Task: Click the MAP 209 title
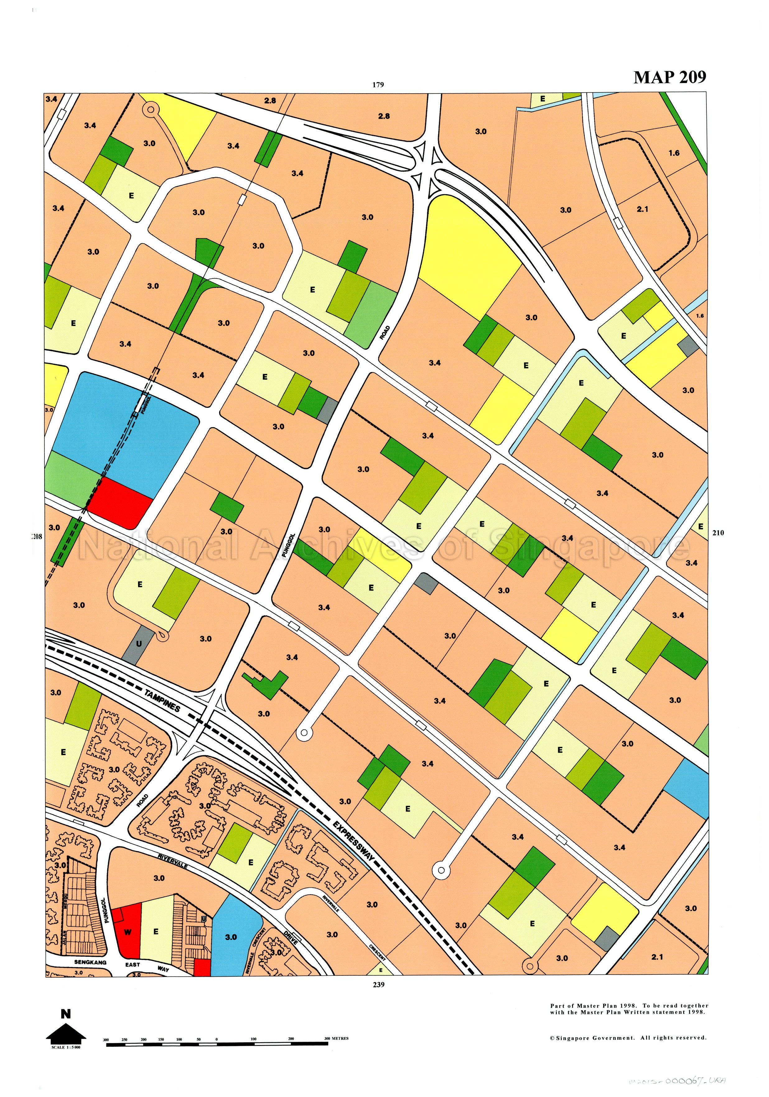point(669,77)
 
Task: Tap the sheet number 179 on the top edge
point(378,85)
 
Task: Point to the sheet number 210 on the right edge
point(718,533)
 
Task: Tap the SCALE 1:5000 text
point(66,1047)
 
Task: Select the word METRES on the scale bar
point(340,1038)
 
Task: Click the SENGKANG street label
point(90,962)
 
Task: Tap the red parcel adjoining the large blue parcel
point(119,502)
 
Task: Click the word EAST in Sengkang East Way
point(133,964)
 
